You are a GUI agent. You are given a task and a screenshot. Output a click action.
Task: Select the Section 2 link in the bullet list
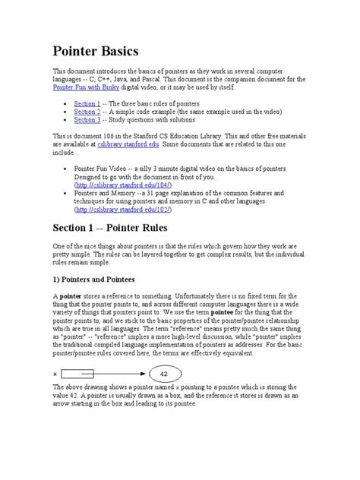click(87, 111)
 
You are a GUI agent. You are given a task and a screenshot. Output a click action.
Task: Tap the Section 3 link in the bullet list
click(87, 119)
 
